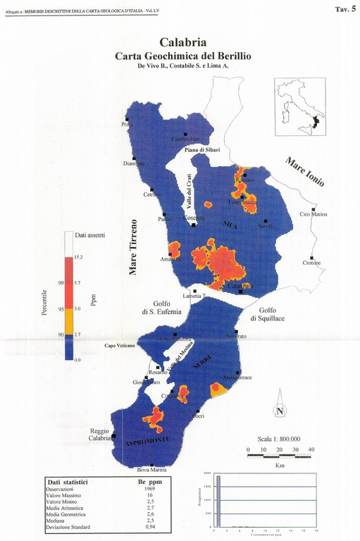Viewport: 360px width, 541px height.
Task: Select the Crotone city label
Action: coord(311,263)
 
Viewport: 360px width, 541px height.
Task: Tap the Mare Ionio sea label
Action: coord(304,171)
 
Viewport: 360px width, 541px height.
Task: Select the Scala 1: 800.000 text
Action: coord(287,437)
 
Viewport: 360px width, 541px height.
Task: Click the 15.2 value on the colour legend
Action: coord(99,258)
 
